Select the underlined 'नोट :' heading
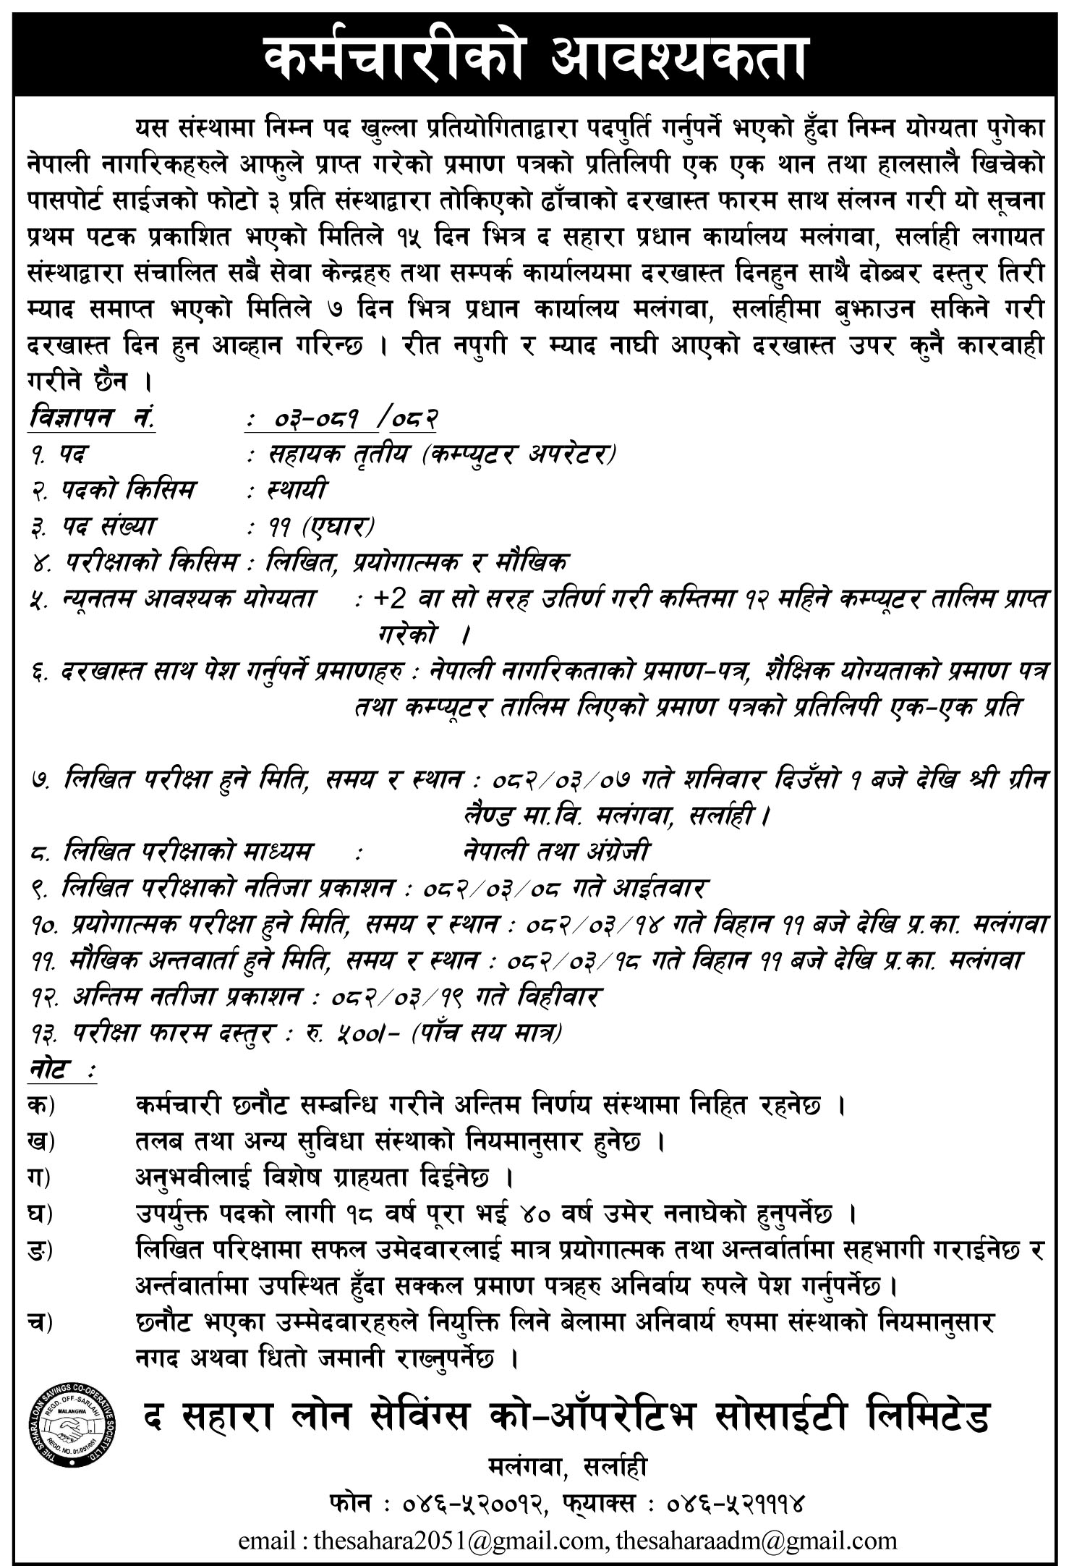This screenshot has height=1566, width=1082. tap(61, 1068)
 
